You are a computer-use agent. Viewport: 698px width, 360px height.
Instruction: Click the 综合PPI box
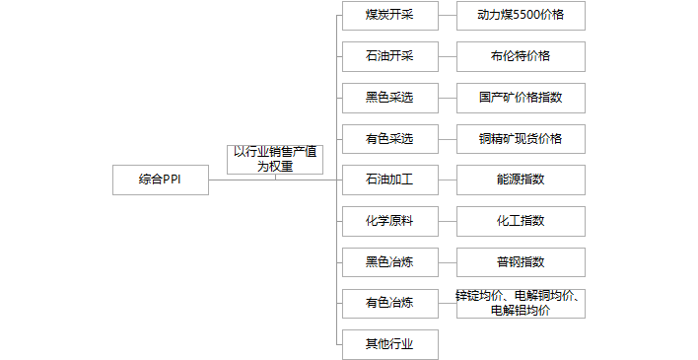pos(160,180)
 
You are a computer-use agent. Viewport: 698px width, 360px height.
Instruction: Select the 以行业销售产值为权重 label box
pos(275,159)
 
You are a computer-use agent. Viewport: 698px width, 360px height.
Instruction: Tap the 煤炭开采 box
pos(388,15)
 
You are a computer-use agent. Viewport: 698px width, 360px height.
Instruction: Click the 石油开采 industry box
pos(388,56)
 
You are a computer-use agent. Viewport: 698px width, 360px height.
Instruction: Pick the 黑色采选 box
pos(388,98)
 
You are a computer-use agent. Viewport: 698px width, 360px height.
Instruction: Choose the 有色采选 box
pos(388,139)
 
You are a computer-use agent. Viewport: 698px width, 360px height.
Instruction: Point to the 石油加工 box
pos(388,180)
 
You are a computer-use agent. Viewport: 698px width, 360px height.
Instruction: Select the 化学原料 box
pos(388,221)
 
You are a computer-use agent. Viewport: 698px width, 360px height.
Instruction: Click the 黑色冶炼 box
pos(388,262)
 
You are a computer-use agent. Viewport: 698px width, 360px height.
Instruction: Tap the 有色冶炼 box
pos(388,303)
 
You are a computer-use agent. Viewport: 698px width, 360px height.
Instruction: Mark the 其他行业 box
pos(388,344)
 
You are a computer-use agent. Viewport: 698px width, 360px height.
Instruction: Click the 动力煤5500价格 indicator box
pos(521,15)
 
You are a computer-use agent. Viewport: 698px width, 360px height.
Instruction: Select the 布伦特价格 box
pos(521,56)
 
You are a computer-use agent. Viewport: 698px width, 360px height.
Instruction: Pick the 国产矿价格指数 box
pos(521,98)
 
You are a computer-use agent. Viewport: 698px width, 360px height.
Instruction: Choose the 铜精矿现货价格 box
pos(521,139)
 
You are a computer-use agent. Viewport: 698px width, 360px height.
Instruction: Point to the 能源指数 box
pos(521,180)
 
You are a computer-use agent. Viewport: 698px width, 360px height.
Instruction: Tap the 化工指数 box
pos(521,221)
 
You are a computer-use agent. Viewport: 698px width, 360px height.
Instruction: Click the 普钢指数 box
pos(521,262)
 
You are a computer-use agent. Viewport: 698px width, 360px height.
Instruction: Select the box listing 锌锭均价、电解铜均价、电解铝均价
pos(521,303)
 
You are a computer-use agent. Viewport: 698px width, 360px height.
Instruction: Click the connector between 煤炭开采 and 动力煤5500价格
pos(447,15)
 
